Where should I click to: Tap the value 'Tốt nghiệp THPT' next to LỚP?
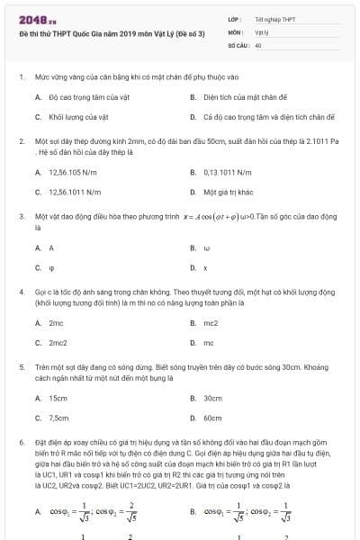274,18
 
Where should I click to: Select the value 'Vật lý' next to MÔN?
261,31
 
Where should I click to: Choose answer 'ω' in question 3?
206,247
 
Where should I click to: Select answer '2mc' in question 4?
56,322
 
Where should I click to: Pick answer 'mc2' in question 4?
211,322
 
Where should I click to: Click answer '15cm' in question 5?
58,397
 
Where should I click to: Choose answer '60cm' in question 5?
212,418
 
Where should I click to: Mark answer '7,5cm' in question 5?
58,418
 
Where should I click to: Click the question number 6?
21,444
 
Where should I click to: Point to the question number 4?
21,292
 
